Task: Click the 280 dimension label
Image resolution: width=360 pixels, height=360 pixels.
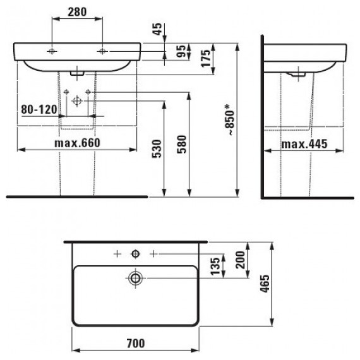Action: pos(77,12)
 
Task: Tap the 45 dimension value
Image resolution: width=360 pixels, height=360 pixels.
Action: pos(157,29)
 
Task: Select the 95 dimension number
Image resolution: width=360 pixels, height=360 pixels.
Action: pos(181,51)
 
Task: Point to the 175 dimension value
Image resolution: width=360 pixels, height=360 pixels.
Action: pos(206,58)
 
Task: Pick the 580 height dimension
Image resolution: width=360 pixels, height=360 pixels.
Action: pos(182,144)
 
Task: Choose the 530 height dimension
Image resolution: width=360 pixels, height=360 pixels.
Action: pos(157,149)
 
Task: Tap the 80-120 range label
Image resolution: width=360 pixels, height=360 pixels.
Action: pos(39,109)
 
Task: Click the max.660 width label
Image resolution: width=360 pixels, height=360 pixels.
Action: pos(78,143)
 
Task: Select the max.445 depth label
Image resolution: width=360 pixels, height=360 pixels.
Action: pos(304,144)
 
